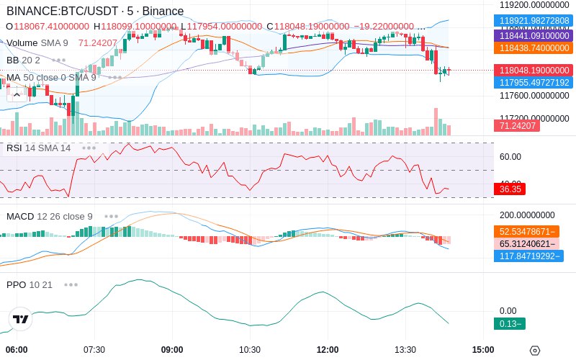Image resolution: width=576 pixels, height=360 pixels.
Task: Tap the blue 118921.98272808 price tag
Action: point(534,21)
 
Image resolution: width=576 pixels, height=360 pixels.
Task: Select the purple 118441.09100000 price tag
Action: point(534,35)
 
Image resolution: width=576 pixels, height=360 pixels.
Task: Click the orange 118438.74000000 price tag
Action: point(534,48)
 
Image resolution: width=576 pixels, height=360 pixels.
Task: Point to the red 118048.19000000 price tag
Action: point(534,71)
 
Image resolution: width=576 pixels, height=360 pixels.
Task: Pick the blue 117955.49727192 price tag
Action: point(534,83)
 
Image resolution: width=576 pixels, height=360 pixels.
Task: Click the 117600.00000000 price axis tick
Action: point(534,95)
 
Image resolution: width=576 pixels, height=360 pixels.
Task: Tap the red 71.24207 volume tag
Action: point(516,126)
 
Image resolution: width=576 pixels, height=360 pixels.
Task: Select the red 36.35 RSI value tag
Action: point(510,189)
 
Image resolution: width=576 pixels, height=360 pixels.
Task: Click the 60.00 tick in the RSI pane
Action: point(510,156)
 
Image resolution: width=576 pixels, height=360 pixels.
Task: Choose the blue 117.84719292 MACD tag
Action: point(528,256)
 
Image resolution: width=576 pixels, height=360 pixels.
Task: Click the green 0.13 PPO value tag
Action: point(509,323)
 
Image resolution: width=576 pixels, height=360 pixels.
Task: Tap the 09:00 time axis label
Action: point(172,350)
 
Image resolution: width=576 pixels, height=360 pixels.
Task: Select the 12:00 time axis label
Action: point(328,350)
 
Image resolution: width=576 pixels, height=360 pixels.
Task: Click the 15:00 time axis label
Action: point(483,350)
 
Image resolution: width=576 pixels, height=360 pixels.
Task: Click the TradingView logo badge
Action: point(20,319)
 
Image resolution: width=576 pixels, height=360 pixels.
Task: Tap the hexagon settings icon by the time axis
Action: point(534,351)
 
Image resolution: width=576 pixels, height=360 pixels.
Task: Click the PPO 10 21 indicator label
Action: point(30,284)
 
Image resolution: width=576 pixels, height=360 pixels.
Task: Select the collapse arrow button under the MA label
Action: point(16,94)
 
